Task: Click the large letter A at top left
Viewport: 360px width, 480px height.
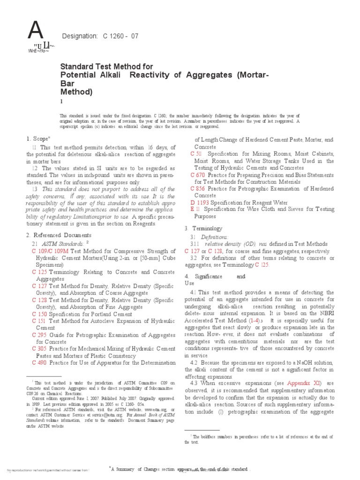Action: (36, 32)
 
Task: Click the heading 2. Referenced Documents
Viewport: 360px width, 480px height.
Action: (59, 234)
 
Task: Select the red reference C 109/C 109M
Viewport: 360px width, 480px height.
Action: (50, 252)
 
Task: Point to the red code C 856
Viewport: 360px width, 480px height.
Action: (198, 188)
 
